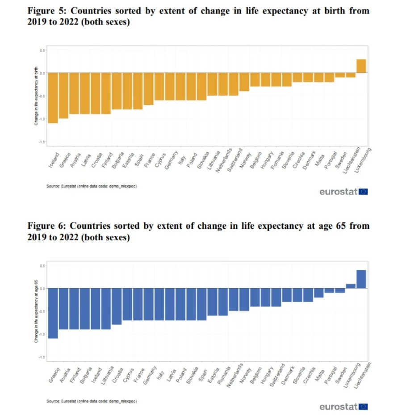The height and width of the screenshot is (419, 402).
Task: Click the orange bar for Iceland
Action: [53, 98]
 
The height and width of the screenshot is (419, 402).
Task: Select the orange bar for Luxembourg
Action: [361, 66]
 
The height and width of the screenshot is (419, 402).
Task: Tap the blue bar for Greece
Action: [53, 313]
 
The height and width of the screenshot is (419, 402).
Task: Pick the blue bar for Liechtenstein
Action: [361, 279]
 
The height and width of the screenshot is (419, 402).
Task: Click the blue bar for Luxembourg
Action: [351, 286]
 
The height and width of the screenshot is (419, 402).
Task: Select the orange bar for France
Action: [149, 89]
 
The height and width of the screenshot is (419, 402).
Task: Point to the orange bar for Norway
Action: [244, 82]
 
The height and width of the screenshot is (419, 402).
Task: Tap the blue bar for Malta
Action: [318, 293]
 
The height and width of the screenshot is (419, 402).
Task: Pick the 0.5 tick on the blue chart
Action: [42, 266]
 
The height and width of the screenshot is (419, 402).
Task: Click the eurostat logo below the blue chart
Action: [343, 406]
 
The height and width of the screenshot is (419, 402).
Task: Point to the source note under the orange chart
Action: [92, 186]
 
